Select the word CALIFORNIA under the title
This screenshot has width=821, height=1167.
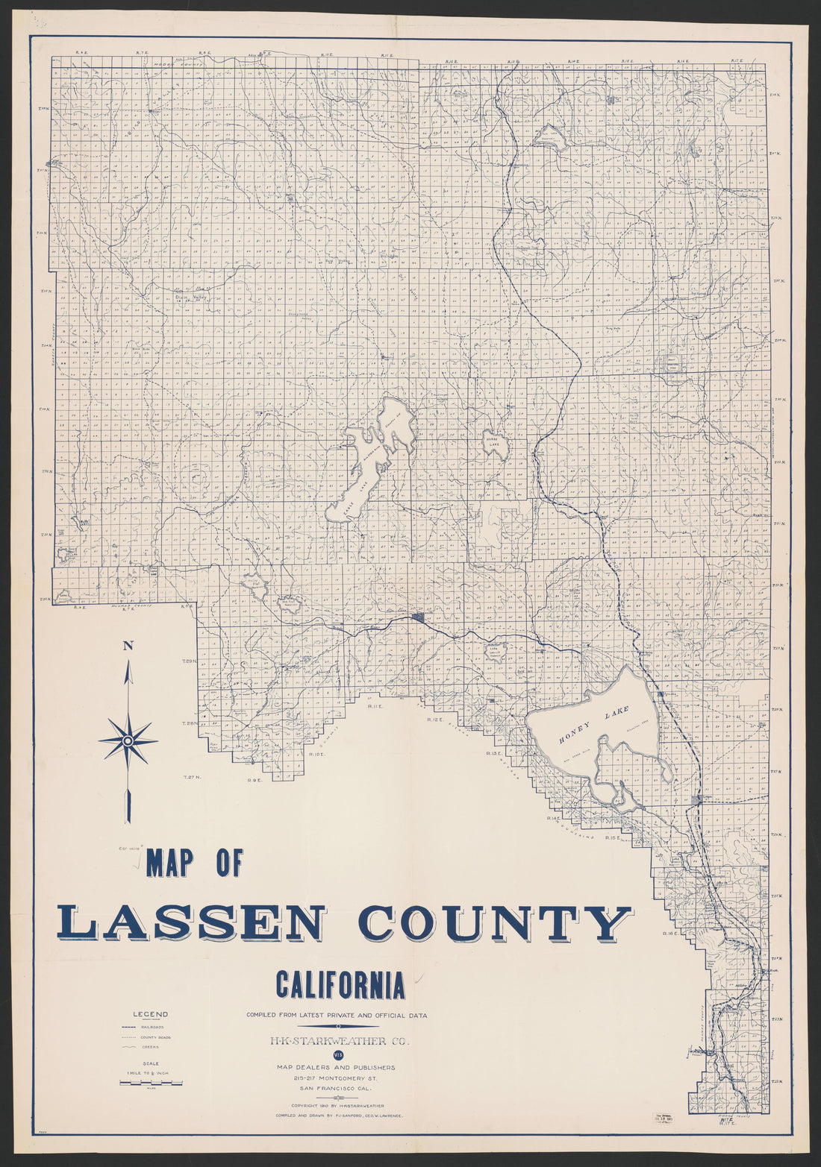pos(340,984)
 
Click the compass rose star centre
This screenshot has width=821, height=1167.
pos(128,740)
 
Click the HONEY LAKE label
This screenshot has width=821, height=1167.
pos(594,723)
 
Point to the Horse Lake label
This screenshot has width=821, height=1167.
pos(496,441)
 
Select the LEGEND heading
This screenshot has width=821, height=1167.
pos(150,1014)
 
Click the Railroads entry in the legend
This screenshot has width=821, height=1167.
pos(152,1027)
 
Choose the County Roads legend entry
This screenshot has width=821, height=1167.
pos(155,1037)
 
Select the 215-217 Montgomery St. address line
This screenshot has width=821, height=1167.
pos(340,1078)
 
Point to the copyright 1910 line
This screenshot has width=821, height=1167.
pos(340,1104)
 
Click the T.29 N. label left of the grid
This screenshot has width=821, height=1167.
pos(188,661)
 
